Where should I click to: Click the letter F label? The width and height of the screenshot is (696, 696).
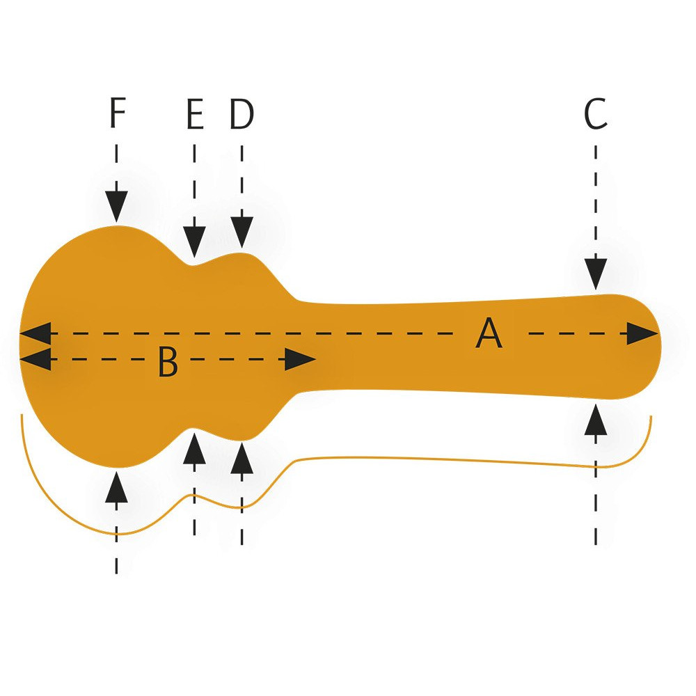click(117, 113)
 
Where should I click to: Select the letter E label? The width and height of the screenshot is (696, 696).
click(195, 114)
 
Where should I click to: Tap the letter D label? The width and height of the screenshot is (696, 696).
click(242, 114)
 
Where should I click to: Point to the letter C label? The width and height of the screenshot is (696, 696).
click(596, 114)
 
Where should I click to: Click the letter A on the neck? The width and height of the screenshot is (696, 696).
click(489, 333)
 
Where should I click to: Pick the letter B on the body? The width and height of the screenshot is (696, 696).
click(168, 362)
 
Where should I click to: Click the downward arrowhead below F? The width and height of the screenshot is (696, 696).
click(117, 207)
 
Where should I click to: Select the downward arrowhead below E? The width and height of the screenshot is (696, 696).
click(194, 242)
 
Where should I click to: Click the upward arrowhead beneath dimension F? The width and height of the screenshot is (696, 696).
click(117, 487)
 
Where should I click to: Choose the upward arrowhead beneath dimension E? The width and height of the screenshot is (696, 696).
click(194, 449)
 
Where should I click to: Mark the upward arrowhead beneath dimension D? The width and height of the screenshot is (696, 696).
click(242, 458)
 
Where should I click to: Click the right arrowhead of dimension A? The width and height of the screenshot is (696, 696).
click(642, 333)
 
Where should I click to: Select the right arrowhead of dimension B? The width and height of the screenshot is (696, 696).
click(300, 359)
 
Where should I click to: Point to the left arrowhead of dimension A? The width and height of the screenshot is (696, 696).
click(35, 333)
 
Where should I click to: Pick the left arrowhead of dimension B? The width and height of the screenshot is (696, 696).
click(35, 359)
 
